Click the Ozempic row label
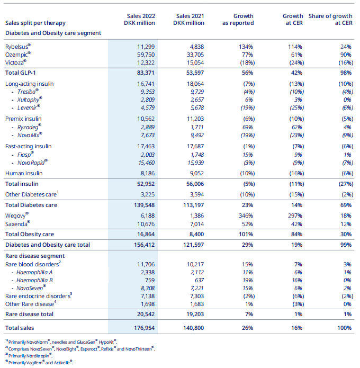[17, 54]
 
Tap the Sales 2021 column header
[189, 20]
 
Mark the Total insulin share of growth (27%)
[342, 183]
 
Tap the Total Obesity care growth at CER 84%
[295, 234]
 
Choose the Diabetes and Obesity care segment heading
[53, 33]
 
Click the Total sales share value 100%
[343, 328]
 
